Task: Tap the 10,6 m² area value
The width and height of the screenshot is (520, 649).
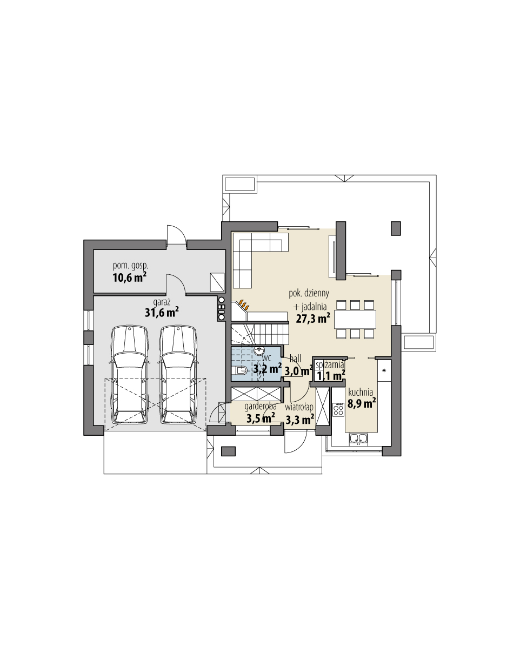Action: pos(130,278)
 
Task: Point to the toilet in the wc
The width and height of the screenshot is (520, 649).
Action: pos(241,370)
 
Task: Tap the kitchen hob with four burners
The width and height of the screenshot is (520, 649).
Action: pos(338,409)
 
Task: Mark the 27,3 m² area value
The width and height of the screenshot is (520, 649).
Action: pos(313,319)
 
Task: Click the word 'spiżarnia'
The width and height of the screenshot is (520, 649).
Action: pos(330,366)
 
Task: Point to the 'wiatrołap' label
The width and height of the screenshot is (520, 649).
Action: pos(300,407)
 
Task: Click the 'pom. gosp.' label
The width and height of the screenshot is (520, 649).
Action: pos(130,266)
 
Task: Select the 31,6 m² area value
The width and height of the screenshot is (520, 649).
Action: pos(162,313)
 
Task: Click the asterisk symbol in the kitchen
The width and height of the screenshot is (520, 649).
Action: pos(384,371)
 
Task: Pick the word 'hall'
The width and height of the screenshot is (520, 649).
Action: pos(295,359)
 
